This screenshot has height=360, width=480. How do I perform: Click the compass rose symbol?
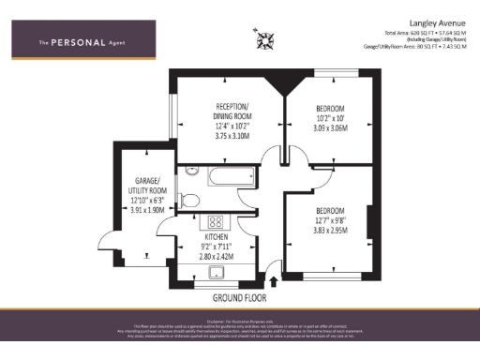pyautogui.click(x=261, y=39)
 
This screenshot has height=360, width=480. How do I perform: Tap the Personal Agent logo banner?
pyautogui.click(x=82, y=41)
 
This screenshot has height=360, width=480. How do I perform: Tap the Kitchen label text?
pyautogui.click(x=217, y=238)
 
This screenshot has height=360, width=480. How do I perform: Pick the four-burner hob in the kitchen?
pyautogui.click(x=215, y=222)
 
